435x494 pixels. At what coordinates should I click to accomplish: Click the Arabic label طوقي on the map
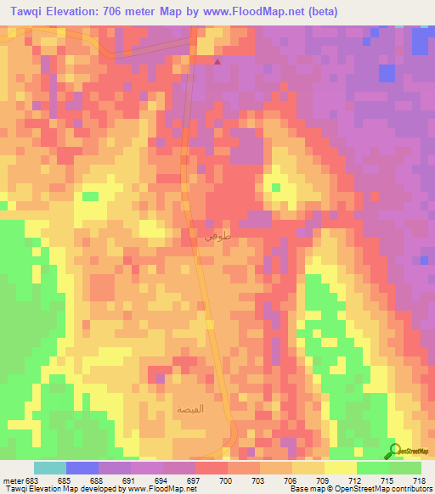pyautogui.click(x=213, y=238)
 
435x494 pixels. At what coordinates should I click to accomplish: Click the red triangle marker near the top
pyautogui.click(x=217, y=60)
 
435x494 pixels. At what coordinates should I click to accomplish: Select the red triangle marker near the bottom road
pyautogui.click(x=235, y=428)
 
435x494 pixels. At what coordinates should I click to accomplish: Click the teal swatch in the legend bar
pyautogui.click(x=50, y=468)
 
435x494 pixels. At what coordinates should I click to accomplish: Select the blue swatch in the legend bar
pyautogui.click(x=82, y=468)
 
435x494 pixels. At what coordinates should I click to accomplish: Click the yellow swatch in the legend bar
pyautogui.click(x=340, y=468)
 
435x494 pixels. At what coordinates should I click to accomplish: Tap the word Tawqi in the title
pyautogui.click(x=25, y=12)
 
